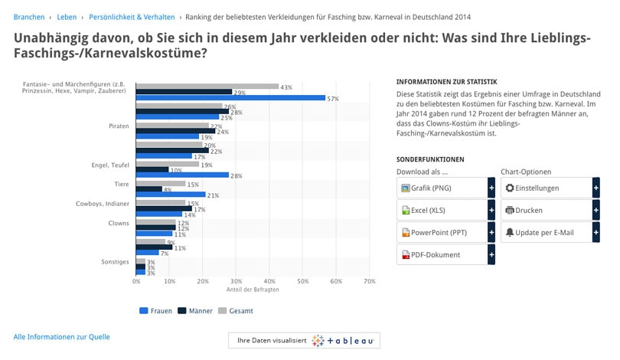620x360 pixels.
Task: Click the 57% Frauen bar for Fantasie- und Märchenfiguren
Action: (x=230, y=98)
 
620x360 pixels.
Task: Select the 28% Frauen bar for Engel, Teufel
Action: (x=182, y=175)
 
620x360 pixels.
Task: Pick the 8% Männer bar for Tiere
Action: (x=149, y=188)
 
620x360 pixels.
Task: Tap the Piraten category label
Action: (x=119, y=126)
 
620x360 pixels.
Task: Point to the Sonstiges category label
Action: (x=115, y=262)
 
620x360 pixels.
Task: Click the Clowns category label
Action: (x=118, y=223)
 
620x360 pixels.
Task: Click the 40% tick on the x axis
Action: (x=269, y=282)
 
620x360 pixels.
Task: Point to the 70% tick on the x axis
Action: (x=369, y=282)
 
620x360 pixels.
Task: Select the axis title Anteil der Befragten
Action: (x=253, y=290)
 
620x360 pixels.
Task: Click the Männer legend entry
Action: (x=195, y=311)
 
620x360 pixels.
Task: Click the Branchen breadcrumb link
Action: (x=28, y=16)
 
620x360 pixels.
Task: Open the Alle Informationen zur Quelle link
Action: (x=61, y=336)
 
